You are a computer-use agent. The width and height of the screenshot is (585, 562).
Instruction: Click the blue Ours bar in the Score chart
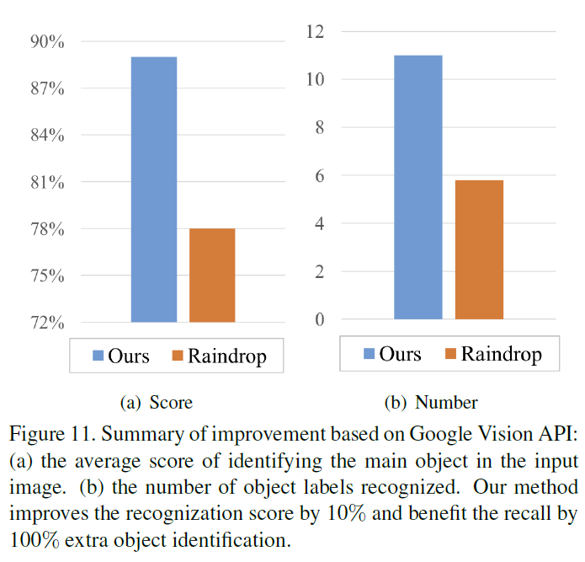click(x=154, y=190)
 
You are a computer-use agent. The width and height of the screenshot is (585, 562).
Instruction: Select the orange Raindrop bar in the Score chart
click(x=212, y=276)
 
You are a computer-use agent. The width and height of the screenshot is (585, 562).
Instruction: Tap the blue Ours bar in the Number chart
click(x=417, y=187)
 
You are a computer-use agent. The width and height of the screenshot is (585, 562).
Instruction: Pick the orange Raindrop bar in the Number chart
click(x=480, y=249)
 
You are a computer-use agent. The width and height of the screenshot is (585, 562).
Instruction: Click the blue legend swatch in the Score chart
click(x=98, y=356)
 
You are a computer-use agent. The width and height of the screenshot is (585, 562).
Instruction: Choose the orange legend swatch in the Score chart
click(x=178, y=356)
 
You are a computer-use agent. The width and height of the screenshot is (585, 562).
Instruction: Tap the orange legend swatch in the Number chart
click(x=449, y=354)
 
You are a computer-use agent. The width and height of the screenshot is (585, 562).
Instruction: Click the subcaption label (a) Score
click(x=157, y=403)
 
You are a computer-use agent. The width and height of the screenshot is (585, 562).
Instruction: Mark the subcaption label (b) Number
click(x=431, y=403)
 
